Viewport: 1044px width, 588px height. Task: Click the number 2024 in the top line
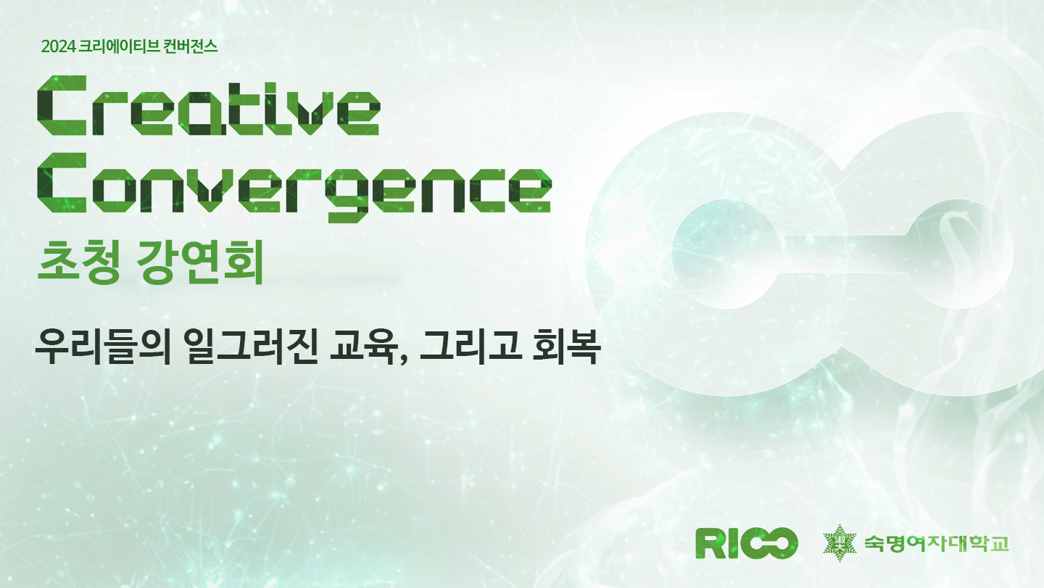(58, 46)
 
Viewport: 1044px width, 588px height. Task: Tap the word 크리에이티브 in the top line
(120, 46)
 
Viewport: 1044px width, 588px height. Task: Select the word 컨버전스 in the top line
(191, 46)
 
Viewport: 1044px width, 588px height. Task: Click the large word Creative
(209, 106)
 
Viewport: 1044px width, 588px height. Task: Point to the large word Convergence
(294, 187)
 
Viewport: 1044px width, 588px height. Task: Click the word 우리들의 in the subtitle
(102, 347)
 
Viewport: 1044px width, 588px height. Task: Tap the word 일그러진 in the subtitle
(251, 347)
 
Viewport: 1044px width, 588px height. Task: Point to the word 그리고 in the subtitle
(470, 347)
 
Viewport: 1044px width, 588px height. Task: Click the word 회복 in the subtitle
(565, 347)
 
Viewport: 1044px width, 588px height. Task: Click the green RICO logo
(747, 543)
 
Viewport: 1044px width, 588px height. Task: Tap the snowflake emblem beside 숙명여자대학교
(840, 543)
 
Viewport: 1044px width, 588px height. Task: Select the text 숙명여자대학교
(937, 543)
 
